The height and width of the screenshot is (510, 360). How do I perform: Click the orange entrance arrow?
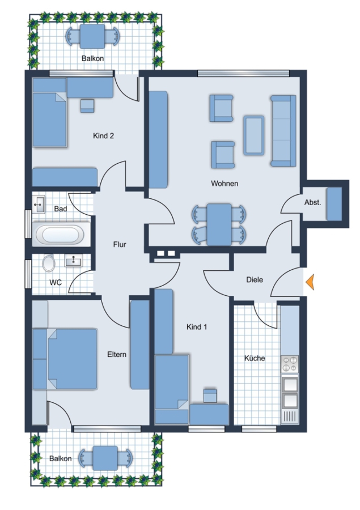[310, 282]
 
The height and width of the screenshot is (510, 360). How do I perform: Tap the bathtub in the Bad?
[60, 235]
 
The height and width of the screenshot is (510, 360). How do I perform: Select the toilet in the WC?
[49, 263]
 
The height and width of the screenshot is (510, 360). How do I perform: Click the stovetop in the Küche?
[290, 364]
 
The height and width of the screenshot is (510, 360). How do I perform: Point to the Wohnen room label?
[225, 184]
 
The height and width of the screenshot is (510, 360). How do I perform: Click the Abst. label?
[312, 202]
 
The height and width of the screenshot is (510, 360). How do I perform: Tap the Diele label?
[254, 280]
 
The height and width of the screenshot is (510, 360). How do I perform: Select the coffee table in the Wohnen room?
[254, 135]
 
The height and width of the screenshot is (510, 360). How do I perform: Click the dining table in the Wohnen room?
[219, 224]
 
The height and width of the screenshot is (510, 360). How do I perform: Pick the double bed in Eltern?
[72, 359]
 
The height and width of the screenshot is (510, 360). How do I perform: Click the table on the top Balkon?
[92, 36]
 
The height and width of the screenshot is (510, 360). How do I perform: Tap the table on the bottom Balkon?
[105, 458]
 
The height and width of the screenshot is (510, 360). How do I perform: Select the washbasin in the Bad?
[39, 205]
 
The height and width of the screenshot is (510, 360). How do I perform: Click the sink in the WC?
[74, 261]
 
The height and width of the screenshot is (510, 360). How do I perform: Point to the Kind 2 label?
[104, 135]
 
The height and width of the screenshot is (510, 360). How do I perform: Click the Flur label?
[120, 244]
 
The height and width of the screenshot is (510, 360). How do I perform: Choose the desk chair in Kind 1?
[210, 396]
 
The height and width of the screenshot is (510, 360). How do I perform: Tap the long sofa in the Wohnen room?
[283, 131]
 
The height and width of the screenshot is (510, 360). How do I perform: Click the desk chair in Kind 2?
[87, 106]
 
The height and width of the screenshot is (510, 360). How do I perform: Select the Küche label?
[255, 358]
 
